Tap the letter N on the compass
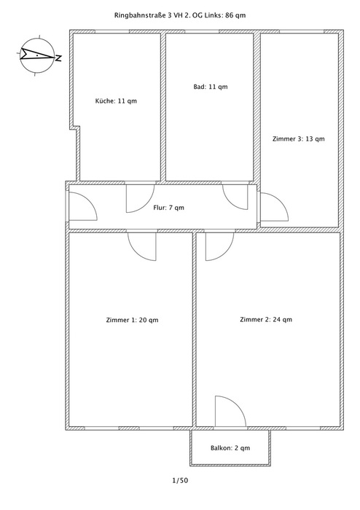58,58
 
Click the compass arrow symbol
37,55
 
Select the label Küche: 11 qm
116,101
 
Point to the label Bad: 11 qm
211,87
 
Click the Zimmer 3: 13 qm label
299,139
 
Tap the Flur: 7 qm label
168,208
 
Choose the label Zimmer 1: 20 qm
132,320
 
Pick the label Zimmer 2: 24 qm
266,319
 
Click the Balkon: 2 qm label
230,448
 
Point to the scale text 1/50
180,480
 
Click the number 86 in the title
229,15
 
